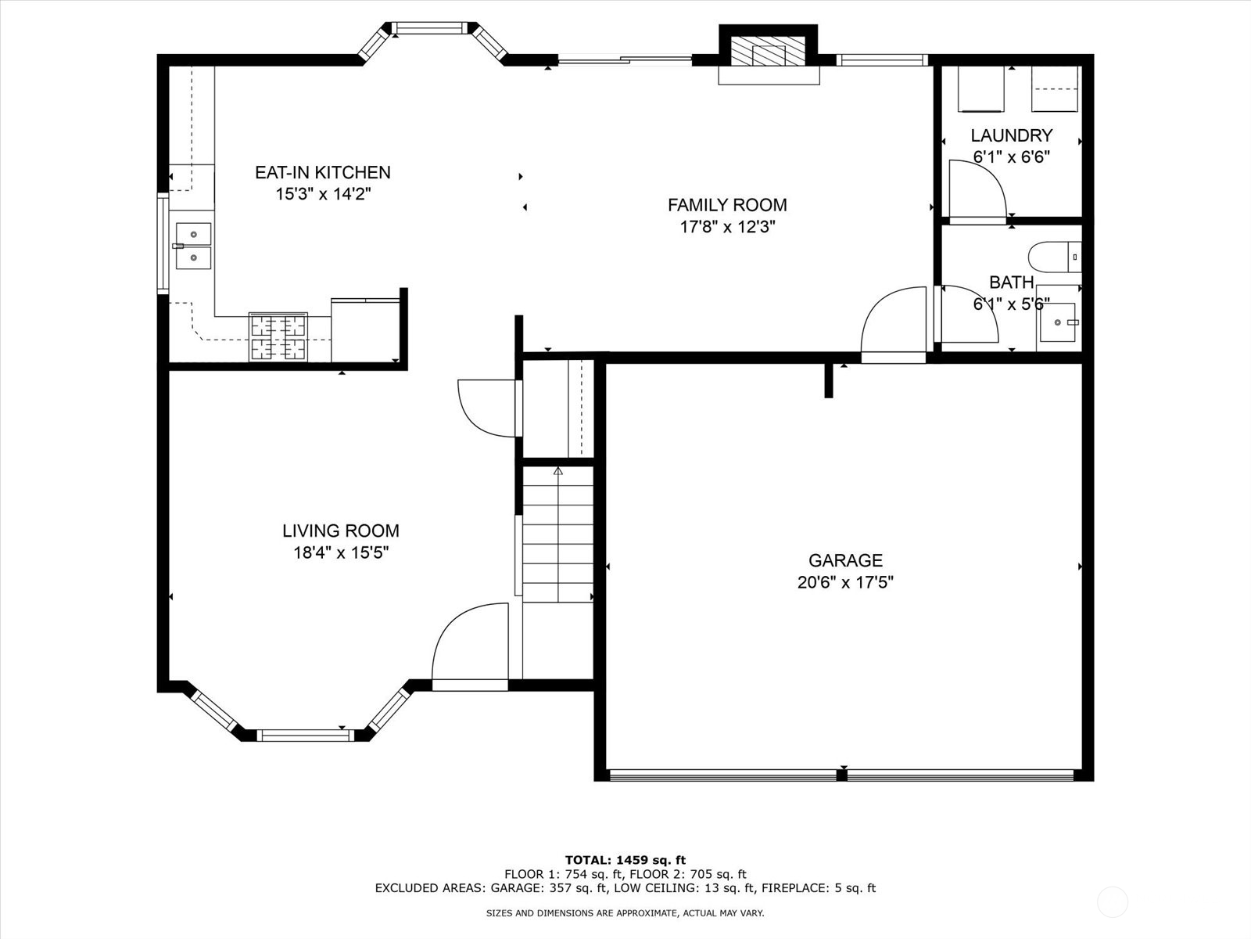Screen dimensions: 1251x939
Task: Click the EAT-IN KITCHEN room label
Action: [323, 172]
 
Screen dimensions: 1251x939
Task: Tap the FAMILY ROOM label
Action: [727, 205]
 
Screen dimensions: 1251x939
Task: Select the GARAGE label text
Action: [845, 560]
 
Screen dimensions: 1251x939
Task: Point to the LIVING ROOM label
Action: [341, 531]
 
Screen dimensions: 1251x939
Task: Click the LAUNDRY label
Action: [1012, 135]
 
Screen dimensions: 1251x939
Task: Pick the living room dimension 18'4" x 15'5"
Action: [341, 552]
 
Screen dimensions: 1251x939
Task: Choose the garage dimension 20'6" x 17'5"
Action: [845, 582]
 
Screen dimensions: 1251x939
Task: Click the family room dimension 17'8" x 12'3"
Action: [727, 227]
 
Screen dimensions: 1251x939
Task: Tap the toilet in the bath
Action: [1055, 257]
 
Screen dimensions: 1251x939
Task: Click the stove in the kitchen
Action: [278, 337]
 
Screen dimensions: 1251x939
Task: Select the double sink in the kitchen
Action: [193, 246]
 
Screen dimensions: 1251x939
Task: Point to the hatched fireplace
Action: [769, 52]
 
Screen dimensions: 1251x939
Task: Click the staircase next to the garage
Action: [558, 534]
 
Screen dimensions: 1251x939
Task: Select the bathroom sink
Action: [1058, 322]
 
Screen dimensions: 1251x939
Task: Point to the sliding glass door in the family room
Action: [625, 59]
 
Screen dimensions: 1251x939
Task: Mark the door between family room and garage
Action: [893, 325]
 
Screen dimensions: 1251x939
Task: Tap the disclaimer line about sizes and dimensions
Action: [625, 912]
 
